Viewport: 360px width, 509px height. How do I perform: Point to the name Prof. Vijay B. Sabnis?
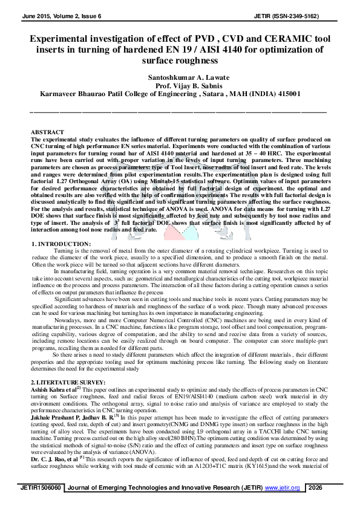[179, 86]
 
